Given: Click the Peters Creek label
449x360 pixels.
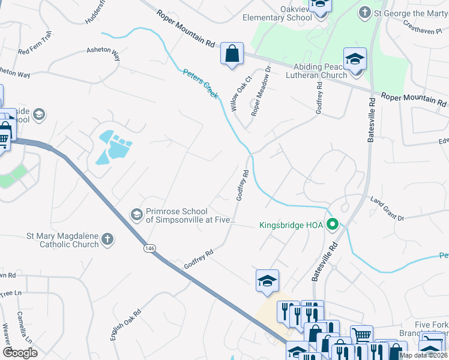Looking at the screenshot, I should [200, 84].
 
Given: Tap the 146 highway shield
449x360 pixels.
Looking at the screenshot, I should [147, 247].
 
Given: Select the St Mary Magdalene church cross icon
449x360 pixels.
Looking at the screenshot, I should [107, 239].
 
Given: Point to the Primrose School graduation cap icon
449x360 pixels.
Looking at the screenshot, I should [136, 214].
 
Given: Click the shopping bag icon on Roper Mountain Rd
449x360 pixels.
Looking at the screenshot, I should [231, 54].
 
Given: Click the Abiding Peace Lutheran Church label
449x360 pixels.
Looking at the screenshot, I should [320, 71].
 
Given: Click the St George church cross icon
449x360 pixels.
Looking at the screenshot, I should [364, 13].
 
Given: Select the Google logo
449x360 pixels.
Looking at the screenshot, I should [20, 352].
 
